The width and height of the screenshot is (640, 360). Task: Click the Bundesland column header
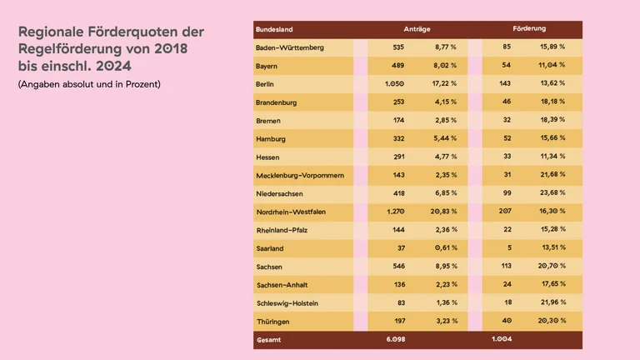click(275, 29)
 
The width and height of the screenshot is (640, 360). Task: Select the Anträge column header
click(417, 29)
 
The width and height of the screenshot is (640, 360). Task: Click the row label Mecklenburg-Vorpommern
click(299, 175)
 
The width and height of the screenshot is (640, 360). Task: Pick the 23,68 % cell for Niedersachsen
click(552, 193)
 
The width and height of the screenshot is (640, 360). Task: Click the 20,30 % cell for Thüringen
click(552, 321)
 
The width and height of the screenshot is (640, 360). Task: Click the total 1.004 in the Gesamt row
click(502, 339)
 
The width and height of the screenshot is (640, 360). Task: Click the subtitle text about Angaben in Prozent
click(89, 85)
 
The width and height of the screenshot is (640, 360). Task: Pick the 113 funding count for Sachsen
click(504, 266)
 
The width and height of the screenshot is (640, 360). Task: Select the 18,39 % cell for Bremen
click(552, 121)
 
